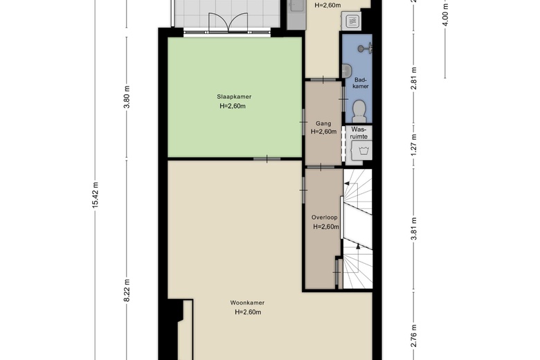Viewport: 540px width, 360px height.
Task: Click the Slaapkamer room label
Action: point(234,97)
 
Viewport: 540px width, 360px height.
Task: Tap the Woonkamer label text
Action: point(247,303)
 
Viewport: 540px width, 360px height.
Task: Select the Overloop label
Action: point(325,217)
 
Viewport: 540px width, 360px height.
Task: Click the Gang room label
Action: point(323,123)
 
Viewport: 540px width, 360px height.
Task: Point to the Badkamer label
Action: point(361,83)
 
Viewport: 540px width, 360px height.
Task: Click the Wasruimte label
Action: point(359,133)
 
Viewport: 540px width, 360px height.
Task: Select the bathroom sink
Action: point(346,71)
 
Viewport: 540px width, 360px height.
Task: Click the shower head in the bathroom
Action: point(365,48)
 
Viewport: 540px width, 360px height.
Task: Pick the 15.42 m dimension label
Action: point(96,195)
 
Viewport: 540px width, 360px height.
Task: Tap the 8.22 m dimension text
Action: point(127,291)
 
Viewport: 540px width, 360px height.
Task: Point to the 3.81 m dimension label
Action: point(414,228)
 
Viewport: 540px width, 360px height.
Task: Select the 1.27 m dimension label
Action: point(414,145)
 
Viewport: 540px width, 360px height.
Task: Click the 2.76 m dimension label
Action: point(414,336)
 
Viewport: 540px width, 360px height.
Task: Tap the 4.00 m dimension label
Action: point(445,15)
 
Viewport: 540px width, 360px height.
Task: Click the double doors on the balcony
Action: point(228,22)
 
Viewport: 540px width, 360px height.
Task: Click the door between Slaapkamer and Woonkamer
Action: point(267,159)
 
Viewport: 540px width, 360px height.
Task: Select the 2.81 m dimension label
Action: point(414,78)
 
